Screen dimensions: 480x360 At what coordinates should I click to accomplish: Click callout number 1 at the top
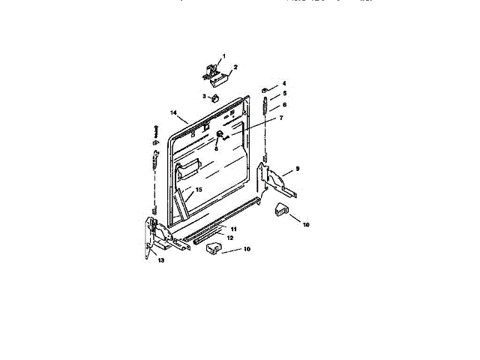click(223, 57)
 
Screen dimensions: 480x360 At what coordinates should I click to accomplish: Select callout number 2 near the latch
click(235, 67)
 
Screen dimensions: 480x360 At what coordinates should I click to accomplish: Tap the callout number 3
click(204, 96)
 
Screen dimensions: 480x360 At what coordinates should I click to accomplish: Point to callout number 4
click(284, 82)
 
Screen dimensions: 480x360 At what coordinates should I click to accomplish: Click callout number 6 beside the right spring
click(284, 104)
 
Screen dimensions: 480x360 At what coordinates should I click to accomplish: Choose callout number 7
click(281, 118)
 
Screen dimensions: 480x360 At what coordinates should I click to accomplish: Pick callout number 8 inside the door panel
click(216, 148)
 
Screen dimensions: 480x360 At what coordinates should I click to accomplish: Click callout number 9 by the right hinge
click(297, 169)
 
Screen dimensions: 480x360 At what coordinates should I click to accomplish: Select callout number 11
click(233, 228)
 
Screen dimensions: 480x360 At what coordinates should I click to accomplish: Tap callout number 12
click(230, 237)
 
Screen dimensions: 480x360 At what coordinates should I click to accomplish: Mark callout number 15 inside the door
click(199, 190)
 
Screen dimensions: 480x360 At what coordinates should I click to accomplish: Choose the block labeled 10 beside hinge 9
click(281, 210)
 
